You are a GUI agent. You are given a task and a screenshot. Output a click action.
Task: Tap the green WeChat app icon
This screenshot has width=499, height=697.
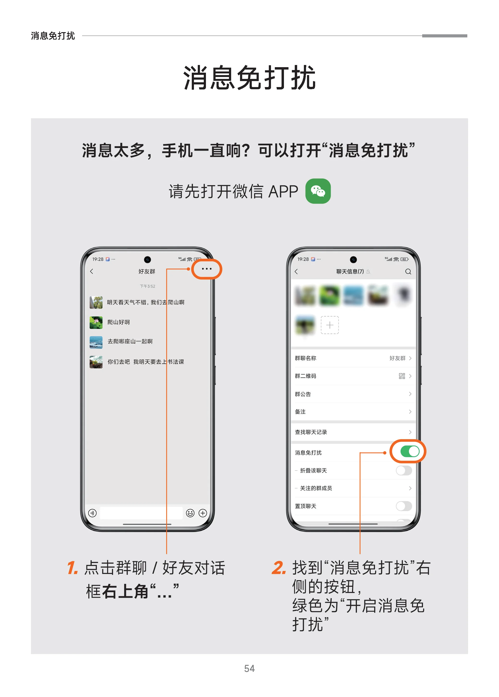(x=318, y=191)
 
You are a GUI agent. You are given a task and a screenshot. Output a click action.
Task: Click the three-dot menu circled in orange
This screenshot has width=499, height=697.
(x=206, y=269)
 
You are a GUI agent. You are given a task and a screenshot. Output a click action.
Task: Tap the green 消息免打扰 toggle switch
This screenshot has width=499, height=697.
(x=409, y=451)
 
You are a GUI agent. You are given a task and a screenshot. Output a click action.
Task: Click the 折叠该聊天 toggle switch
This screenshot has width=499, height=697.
(x=403, y=470)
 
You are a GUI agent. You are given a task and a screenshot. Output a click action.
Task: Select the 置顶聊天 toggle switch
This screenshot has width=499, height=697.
(x=403, y=506)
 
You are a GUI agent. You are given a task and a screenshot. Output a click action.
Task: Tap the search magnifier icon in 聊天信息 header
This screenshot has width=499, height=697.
(x=408, y=272)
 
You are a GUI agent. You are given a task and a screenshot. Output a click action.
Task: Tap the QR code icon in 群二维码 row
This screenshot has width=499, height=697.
(x=402, y=376)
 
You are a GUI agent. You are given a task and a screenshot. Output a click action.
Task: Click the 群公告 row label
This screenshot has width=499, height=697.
(x=303, y=394)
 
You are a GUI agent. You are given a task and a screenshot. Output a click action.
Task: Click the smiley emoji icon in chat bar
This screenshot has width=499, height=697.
(x=190, y=513)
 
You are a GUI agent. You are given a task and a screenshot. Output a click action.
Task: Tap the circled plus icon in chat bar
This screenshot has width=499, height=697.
(x=203, y=513)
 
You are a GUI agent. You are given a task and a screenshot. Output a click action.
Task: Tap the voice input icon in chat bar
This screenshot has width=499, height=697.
(x=92, y=513)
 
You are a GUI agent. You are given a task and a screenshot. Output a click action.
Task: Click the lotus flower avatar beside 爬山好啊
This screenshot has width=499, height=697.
(x=96, y=322)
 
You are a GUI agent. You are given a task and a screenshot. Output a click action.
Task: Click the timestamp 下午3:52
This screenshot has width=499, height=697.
(x=147, y=286)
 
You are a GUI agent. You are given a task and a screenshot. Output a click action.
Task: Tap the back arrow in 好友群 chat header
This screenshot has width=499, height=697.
(x=91, y=271)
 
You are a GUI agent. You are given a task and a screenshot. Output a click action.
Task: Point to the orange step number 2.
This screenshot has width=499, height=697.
(x=279, y=567)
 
